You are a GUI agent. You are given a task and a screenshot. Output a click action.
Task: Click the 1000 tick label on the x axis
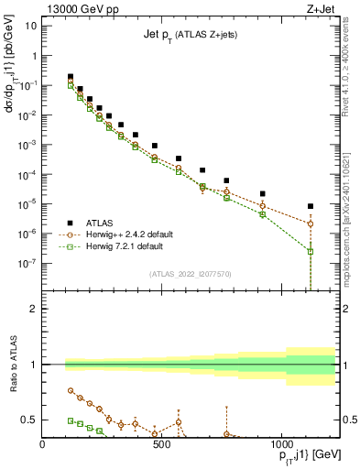(280, 443)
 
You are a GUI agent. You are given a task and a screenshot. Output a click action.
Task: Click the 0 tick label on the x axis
(43, 443)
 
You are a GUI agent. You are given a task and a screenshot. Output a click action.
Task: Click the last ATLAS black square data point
(311, 207)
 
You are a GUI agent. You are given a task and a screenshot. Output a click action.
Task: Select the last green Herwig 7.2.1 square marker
(311, 251)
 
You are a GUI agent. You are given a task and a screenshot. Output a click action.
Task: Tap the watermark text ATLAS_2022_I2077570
(190, 273)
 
